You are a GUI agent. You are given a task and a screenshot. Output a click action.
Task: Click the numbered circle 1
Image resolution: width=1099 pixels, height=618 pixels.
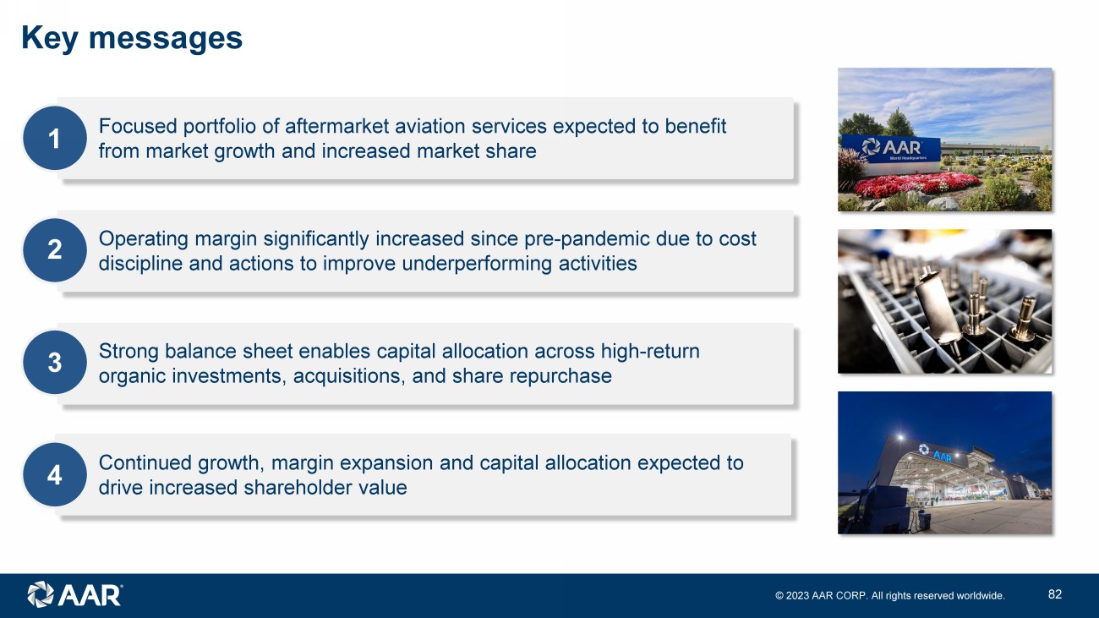coord(55,139)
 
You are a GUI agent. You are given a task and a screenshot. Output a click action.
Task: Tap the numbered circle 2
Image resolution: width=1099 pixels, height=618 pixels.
coord(55,250)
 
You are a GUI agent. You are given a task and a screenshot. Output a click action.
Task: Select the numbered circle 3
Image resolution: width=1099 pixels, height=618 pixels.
coord(55,363)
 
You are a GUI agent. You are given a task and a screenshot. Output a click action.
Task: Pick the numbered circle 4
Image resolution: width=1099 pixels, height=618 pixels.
coord(55,475)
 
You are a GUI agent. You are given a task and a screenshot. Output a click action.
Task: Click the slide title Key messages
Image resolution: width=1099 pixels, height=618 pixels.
coord(132,38)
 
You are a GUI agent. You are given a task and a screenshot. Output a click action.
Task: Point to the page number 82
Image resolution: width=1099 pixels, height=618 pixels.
coord(1055,594)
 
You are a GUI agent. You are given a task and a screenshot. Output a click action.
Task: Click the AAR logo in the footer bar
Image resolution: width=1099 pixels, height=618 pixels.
coord(74,594)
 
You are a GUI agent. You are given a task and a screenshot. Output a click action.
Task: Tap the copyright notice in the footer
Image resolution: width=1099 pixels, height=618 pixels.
coord(890,595)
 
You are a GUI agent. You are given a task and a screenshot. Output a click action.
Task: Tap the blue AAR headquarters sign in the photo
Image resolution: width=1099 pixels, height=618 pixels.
coord(891,149)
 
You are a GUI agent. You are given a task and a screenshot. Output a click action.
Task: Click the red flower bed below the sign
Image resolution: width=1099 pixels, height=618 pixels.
coord(916,184)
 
